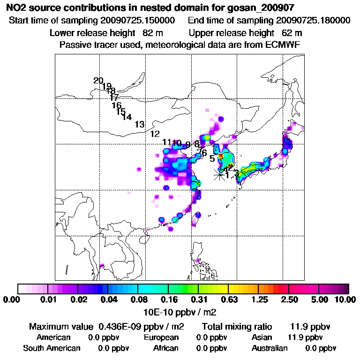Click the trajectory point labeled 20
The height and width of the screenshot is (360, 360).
98,81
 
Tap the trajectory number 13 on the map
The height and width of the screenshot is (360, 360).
139,125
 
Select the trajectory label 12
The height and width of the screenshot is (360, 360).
155,134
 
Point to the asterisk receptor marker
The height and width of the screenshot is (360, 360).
218,175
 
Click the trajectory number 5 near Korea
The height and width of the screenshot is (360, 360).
212,159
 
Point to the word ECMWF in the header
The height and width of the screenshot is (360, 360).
283,45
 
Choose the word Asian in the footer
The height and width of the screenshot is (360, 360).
262,337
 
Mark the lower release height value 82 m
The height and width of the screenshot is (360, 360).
152,33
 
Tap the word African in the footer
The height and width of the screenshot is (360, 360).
166,348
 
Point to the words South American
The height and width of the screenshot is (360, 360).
52,348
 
